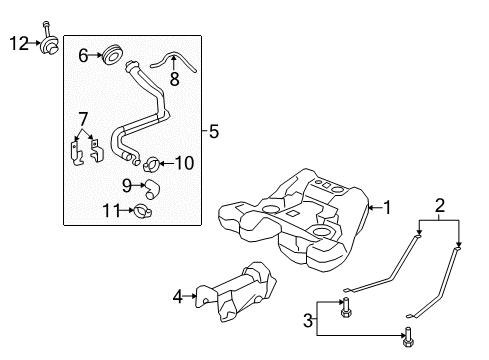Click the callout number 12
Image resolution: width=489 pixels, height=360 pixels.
click(x=19, y=43)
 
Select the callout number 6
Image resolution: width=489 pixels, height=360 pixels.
click(x=84, y=56)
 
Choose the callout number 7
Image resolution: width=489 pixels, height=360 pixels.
click(x=83, y=119)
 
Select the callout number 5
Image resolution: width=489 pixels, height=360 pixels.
click(x=211, y=130)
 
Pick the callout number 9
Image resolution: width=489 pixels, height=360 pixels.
click(x=127, y=184)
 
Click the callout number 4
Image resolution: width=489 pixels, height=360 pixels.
click(x=178, y=295)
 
